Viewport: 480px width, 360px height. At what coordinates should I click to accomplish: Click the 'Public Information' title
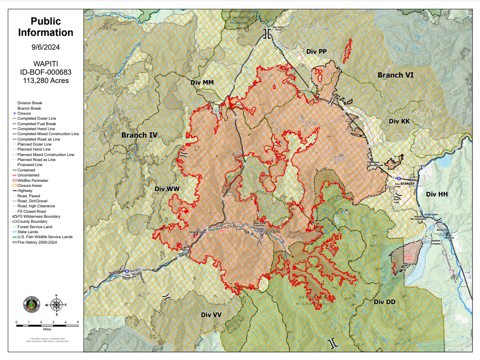45,27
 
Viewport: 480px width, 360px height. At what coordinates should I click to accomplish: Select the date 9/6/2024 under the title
45,47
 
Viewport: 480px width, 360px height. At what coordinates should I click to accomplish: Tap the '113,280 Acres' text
45,81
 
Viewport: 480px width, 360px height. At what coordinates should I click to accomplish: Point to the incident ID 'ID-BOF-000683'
45,72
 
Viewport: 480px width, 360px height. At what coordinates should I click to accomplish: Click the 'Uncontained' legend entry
28,175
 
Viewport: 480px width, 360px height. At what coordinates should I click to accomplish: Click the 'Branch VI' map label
395,75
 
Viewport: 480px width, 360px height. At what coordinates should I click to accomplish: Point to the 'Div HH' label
437,194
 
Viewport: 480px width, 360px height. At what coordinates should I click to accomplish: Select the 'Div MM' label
202,83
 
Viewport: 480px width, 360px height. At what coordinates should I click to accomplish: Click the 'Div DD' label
384,302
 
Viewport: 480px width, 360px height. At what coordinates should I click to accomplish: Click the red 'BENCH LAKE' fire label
409,258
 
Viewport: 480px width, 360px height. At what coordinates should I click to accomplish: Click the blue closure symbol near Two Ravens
126,271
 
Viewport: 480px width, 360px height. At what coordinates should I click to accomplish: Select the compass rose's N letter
57,297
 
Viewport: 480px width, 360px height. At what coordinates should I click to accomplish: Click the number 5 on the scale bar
78,322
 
